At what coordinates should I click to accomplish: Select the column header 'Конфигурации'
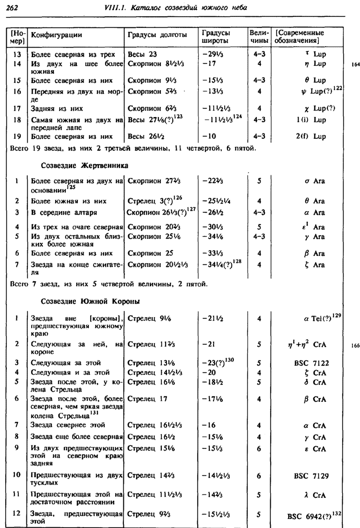56,35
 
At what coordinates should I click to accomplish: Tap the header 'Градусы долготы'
153,35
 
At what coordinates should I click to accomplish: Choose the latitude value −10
210,136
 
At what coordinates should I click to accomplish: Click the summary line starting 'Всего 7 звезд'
108,284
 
